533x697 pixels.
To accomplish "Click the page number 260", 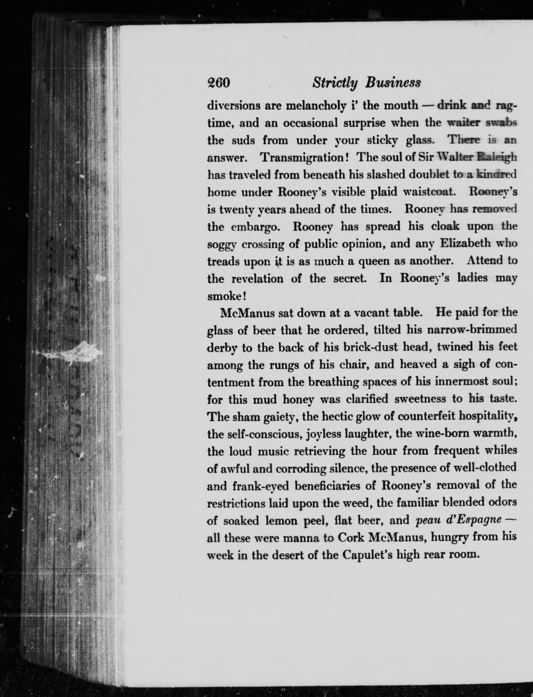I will click(218, 83).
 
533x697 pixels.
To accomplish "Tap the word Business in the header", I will click(393, 83).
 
